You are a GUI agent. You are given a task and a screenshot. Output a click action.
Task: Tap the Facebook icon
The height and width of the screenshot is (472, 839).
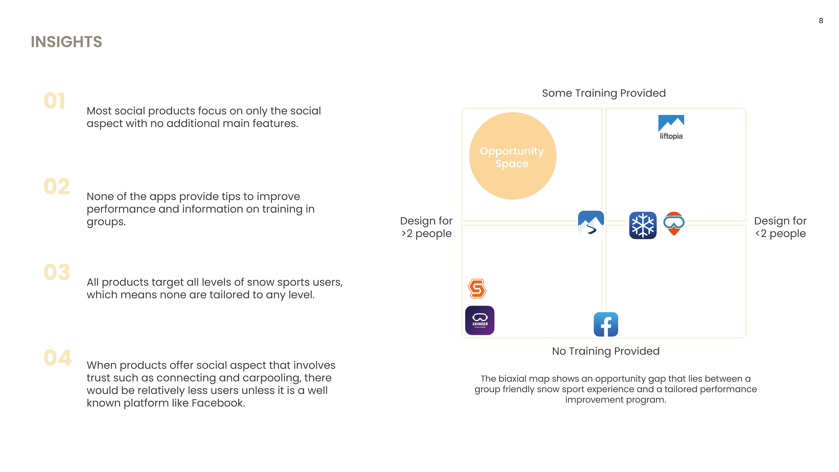(606, 324)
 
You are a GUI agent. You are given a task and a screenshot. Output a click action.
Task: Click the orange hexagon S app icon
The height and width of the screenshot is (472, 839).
(477, 288)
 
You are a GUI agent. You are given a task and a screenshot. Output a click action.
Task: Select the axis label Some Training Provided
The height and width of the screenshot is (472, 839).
(604, 93)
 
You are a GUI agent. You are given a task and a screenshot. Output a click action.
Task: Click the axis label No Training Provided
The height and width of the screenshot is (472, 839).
(605, 351)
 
